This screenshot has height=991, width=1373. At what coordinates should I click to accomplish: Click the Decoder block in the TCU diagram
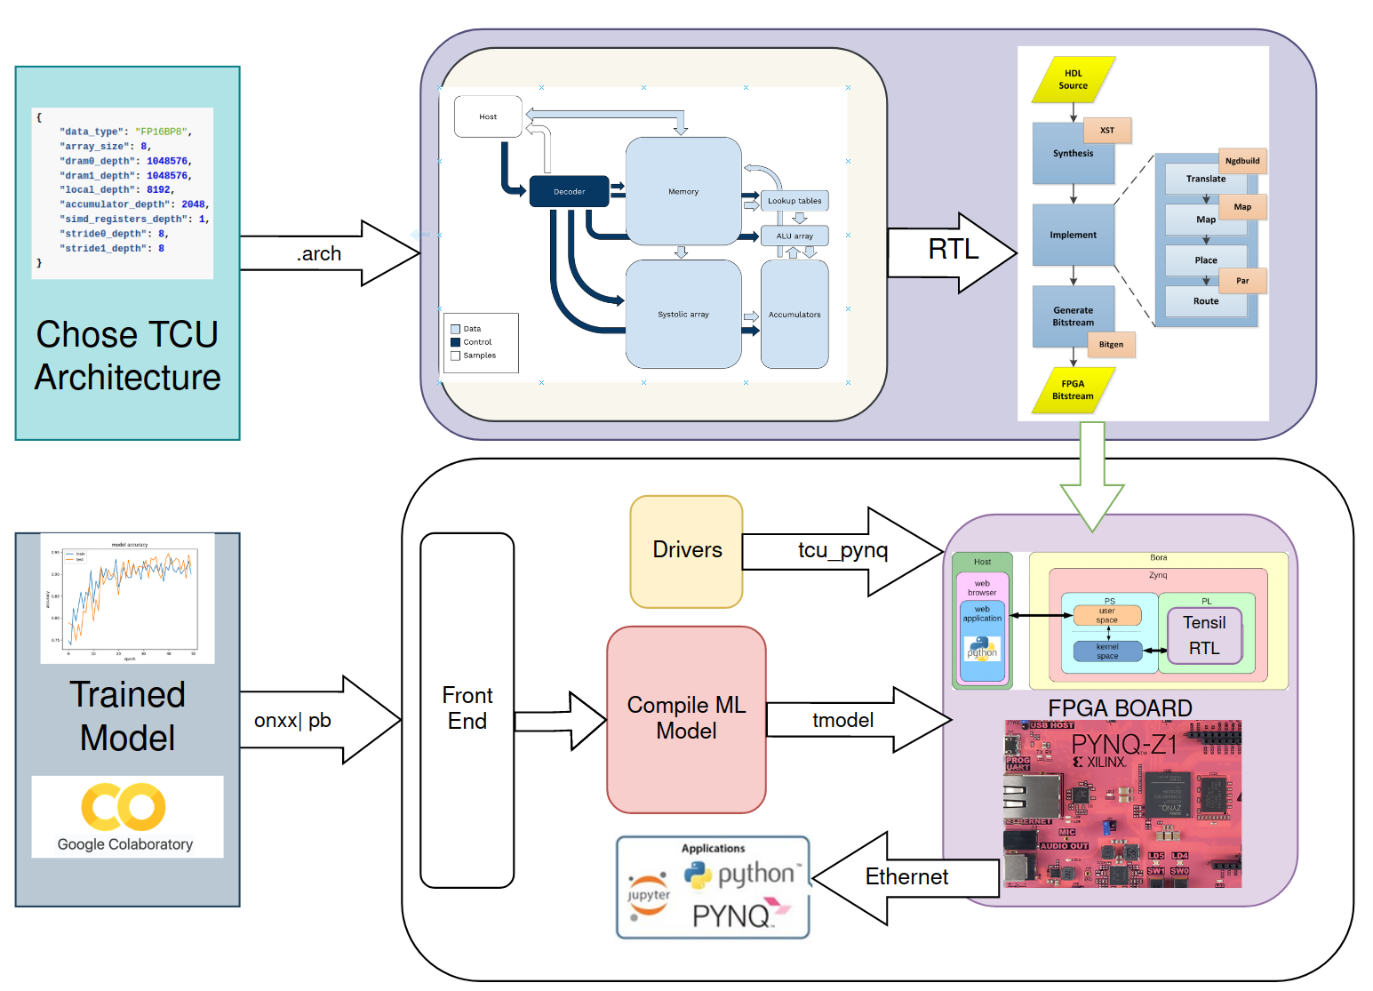click(x=569, y=191)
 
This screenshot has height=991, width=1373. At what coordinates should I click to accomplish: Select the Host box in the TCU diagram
click(x=488, y=116)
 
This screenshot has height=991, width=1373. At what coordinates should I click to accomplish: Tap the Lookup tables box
click(x=794, y=201)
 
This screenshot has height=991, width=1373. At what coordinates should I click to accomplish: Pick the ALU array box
click(x=794, y=236)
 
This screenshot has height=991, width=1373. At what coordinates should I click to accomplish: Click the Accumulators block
click(x=794, y=315)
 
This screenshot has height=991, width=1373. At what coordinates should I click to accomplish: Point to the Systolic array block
click(x=683, y=315)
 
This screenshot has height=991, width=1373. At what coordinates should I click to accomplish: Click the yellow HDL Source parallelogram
click(x=1074, y=80)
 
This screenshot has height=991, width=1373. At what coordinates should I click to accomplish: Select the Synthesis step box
click(x=1073, y=154)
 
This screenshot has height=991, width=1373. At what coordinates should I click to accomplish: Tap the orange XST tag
click(x=1107, y=131)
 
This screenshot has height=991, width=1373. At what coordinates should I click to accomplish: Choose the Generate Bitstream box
click(x=1073, y=316)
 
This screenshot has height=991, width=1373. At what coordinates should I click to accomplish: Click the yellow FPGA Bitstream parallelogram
click(x=1073, y=390)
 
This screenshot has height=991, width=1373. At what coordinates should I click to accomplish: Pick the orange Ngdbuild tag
click(x=1242, y=161)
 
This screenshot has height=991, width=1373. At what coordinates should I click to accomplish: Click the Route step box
click(x=1206, y=301)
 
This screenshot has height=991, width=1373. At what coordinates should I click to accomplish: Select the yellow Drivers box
click(x=686, y=551)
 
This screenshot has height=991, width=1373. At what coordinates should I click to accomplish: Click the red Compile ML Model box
click(x=686, y=718)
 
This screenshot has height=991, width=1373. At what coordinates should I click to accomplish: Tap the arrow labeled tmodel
click(x=853, y=720)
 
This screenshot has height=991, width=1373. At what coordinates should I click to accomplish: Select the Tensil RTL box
click(x=1204, y=635)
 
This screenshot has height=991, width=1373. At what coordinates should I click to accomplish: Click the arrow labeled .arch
click(x=329, y=253)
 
